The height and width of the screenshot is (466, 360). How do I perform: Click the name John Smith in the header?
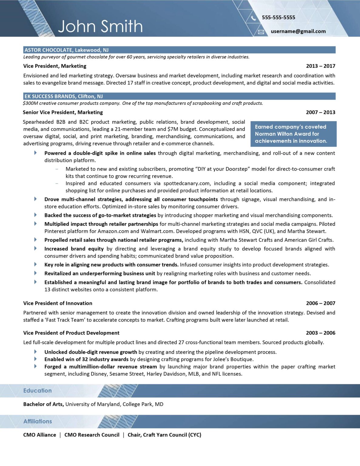click(100, 26)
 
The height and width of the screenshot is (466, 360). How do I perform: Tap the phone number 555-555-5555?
click(278, 18)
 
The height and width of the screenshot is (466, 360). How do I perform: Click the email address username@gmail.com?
click(298, 31)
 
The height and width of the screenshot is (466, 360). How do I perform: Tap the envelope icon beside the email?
click(261, 32)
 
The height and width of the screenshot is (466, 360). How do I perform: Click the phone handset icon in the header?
click(253, 18)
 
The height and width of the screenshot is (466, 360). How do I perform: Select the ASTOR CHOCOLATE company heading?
click(66, 50)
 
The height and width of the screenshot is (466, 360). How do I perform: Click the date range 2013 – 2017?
click(321, 66)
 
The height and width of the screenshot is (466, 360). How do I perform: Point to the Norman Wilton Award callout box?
click(293, 134)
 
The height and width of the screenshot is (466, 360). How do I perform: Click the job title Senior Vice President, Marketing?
click(63, 112)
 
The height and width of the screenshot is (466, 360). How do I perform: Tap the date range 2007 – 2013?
click(321, 112)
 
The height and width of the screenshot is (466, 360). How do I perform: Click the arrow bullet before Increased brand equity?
click(35, 248)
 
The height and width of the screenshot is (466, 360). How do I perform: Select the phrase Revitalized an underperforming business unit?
click(99, 273)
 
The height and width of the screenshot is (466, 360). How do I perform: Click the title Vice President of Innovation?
click(58, 303)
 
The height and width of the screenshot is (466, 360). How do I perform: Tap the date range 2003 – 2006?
click(321, 333)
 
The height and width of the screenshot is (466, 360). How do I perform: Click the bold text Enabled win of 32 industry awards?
click(86, 359)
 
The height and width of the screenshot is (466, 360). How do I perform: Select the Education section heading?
click(38, 391)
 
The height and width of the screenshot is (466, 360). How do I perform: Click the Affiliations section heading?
click(38, 421)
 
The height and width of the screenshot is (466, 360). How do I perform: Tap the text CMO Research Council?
click(92, 435)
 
